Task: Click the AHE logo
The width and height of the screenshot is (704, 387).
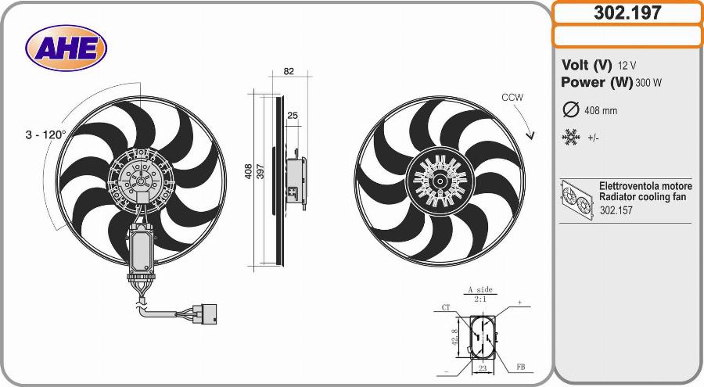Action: pyautogui.click(x=66, y=48)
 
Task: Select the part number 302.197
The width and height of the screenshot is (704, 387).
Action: pyautogui.click(x=627, y=13)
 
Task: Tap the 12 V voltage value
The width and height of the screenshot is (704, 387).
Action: pyautogui.click(x=627, y=66)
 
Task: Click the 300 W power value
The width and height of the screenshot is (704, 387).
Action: pyautogui.click(x=648, y=83)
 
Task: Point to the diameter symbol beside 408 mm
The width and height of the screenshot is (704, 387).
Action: pyautogui.click(x=571, y=109)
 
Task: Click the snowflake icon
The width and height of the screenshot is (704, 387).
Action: pyautogui.click(x=571, y=138)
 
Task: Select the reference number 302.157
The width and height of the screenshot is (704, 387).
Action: pyautogui.click(x=616, y=210)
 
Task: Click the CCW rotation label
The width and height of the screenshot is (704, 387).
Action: pyautogui.click(x=512, y=98)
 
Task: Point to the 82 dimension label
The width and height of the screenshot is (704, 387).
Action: pyautogui.click(x=289, y=71)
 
